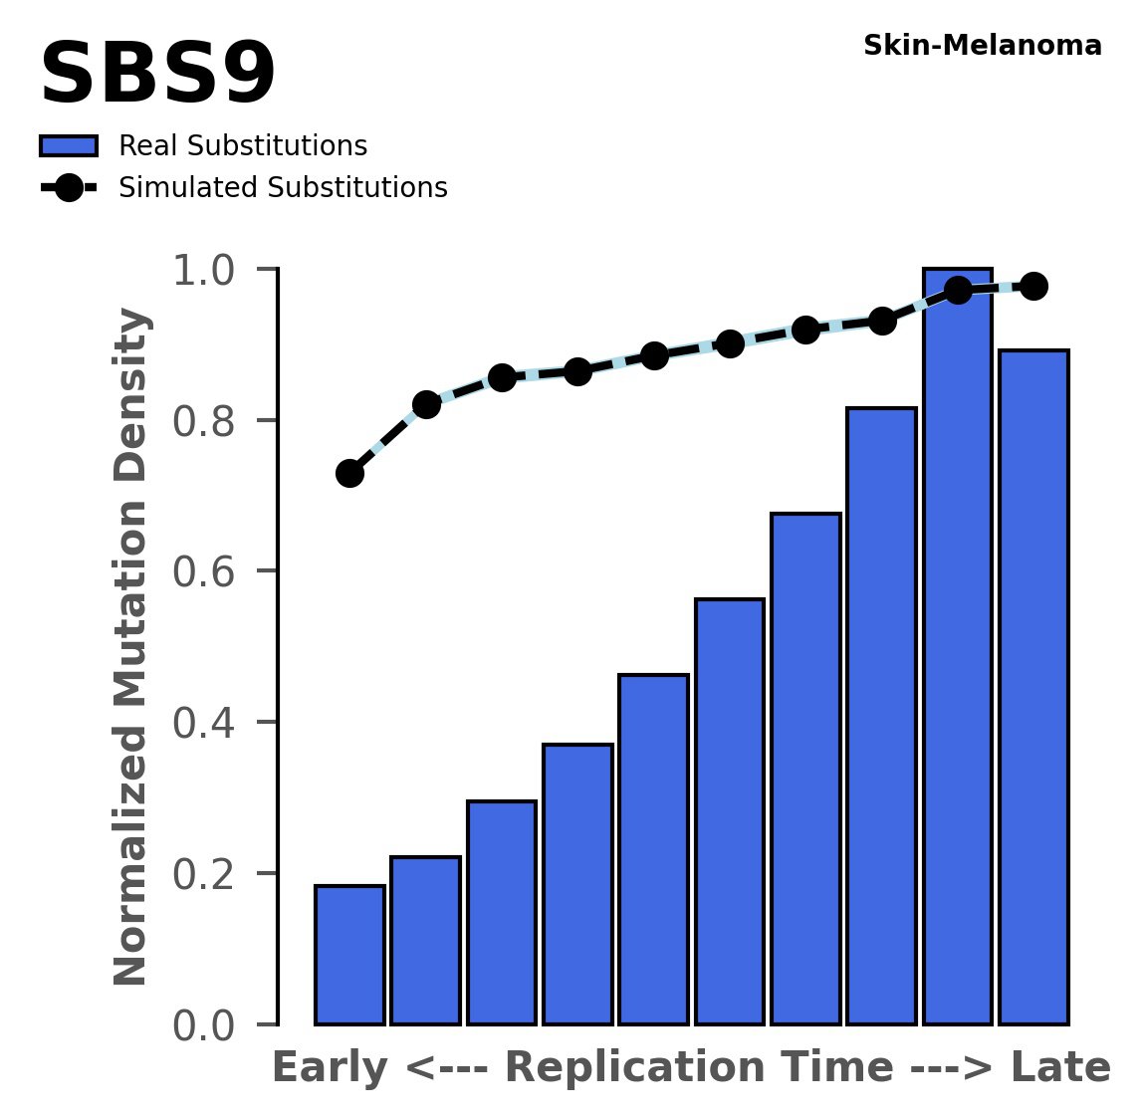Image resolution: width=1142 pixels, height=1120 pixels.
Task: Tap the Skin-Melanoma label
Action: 982,46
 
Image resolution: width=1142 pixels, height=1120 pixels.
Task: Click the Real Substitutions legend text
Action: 243,146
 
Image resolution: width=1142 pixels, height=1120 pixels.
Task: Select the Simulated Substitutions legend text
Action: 283,188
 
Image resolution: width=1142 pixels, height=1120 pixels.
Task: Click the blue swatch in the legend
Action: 69,146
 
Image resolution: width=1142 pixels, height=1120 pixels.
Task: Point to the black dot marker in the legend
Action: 69,188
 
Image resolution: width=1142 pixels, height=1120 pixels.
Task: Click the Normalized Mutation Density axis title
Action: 131,647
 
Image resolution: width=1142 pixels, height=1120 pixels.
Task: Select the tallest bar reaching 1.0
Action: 957,647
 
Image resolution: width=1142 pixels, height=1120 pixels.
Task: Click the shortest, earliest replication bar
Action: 349,955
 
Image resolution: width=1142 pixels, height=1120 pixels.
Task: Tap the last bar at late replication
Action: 1033,687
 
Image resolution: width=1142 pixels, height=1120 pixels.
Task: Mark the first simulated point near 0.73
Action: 349,473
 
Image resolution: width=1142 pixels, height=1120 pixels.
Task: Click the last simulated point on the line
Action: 1033,287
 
